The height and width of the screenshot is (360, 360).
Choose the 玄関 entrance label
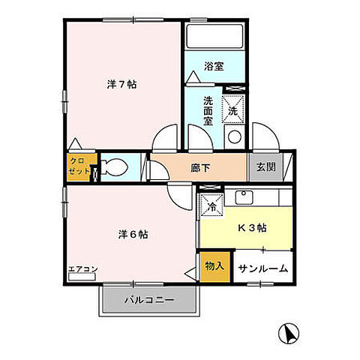pyautogui.click(x=266, y=167)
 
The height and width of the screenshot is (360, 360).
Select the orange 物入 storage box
pyautogui.click(x=214, y=266)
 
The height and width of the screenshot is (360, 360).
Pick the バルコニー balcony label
pyautogui.click(x=150, y=301)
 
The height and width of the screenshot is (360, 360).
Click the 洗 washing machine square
pyautogui.click(x=232, y=110)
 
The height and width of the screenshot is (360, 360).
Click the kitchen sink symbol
pyautogui.click(x=244, y=198)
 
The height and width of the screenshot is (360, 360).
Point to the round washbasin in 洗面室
pyautogui.click(x=233, y=136)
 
